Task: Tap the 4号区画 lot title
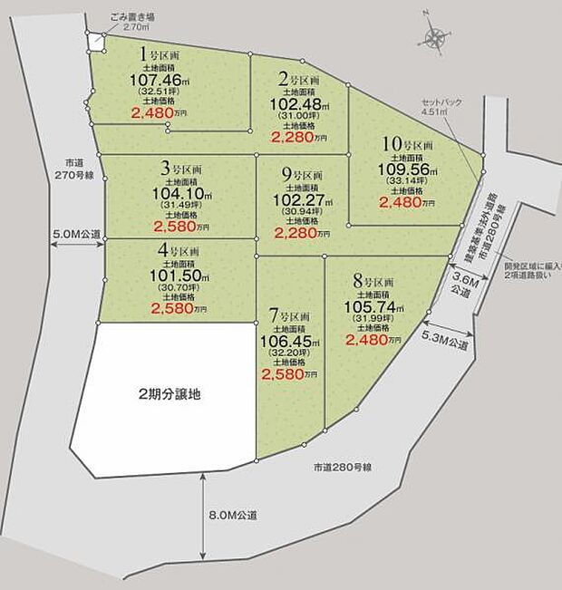click(178, 251)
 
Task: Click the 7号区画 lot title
click(290, 317)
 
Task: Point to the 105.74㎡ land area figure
click(370, 307)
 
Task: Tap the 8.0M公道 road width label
click(233, 515)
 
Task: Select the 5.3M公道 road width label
click(445, 344)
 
